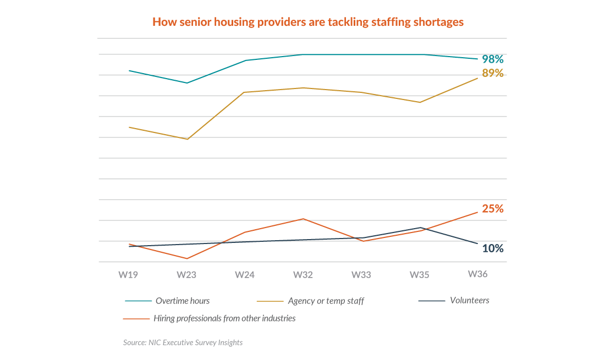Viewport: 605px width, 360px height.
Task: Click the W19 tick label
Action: point(128,275)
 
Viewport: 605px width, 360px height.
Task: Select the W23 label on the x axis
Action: point(186,275)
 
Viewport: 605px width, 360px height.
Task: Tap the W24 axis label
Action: point(245,275)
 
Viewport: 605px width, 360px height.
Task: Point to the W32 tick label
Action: point(303,275)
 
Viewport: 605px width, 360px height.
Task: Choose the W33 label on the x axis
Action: point(361,275)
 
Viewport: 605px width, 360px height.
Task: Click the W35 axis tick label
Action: point(420,275)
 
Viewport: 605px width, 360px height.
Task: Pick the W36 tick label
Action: point(477,274)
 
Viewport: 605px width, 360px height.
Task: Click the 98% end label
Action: point(493,59)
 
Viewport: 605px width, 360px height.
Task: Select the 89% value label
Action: point(493,73)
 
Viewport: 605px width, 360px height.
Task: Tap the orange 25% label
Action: point(493,209)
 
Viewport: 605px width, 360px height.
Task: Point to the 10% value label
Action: point(493,248)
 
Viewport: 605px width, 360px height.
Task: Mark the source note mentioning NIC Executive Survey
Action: point(183,342)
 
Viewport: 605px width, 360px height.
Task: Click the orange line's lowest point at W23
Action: point(187,258)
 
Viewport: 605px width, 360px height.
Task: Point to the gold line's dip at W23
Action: point(187,139)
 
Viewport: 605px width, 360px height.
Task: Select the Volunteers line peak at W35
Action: point(420,228)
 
